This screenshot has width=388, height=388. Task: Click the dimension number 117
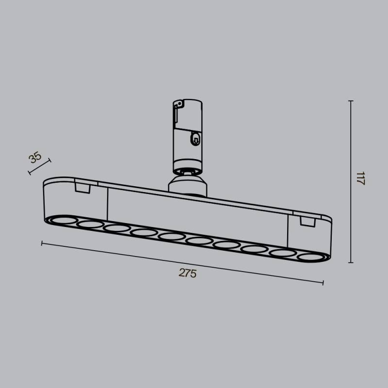click(x=360, y=179)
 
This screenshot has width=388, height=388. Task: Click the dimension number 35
click(x=34, y=158)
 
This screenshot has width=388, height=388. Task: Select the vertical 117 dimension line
click(x=351, y=182)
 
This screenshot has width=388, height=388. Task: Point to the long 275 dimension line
click(x=182, y=262)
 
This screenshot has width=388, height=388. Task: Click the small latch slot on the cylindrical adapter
click(x=195, y=139)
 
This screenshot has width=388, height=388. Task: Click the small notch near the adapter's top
click(x=179, y=104)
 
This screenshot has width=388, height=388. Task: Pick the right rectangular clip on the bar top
click(x=307, y=221)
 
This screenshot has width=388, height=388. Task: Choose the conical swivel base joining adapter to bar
click(x=187, y=186)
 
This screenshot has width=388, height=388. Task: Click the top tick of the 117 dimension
click(x=351, y=101)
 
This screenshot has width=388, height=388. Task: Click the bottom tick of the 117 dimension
click(x=351, y=263)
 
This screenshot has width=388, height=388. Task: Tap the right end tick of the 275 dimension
click(x=323, y=283)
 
